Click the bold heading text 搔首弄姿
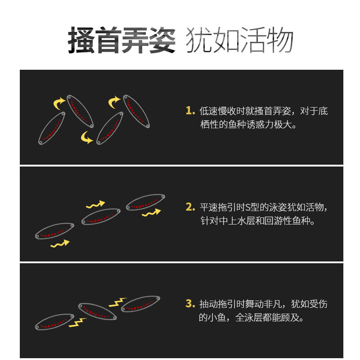(x=121, y=40)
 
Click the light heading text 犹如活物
(x=239, y=40)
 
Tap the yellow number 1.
(x=190, y=110)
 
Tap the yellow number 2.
(x=190, y=207)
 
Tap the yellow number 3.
(x=190, y=303)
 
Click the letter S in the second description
(x=248, y=207)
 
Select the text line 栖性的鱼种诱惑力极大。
(x=248, y=125)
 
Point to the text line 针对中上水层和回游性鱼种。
(x=257, y=221)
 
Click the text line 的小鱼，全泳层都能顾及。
(x=252, y=318)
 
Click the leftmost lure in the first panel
(x=52, y=128)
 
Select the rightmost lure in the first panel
(x=136, y=111)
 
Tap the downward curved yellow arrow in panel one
(x=86, y=137)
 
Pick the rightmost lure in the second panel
(x=145, y=202)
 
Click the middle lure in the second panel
(x=101, y=216)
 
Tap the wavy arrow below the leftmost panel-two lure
(x=60, y=244)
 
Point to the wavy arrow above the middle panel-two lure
(x=95, y=204)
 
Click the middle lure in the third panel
(x=98, y=311)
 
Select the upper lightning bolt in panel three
(x=117, y=302)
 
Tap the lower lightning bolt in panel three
(x=77, y=323)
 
